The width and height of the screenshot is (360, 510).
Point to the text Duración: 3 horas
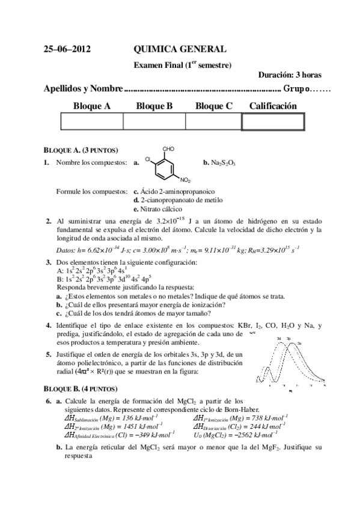(290, 75)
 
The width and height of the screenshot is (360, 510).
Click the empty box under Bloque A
(91, 121)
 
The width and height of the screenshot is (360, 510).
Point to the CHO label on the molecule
(168, 148)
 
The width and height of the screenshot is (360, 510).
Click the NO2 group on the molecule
(185, 180)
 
